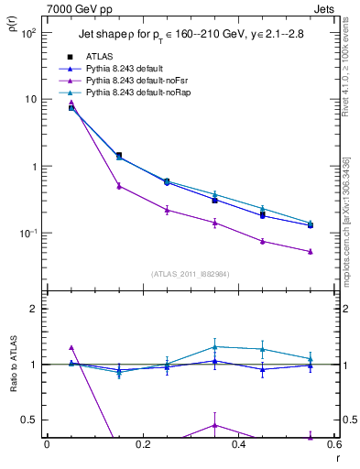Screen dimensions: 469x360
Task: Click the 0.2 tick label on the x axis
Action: tap(143, 445)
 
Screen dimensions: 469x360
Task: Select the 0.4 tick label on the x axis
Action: tap(238, 445)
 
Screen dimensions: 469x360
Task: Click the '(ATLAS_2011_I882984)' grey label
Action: tap(190, 274)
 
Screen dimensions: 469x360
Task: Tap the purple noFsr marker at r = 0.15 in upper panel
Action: tap(119, 186)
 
